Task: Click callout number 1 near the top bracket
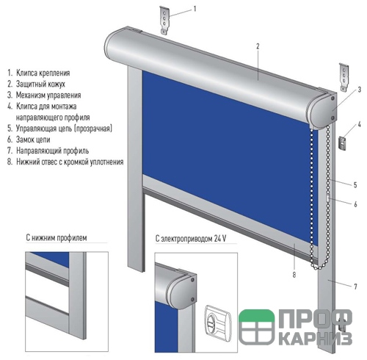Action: pyautogui.click(x=195, y=9)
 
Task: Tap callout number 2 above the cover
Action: pyautogui.click(x=258, y=46)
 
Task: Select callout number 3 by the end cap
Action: pyautogui.click(x=359, y=90)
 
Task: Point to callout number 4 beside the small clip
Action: pyautogui.click(x=359, y=124)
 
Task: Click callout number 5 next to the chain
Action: pyautogui.click(x=355, y=185)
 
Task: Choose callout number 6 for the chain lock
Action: pyautogui.click(x=355, y=204)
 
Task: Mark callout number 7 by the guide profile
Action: pyautogui.click(x=355, y=287)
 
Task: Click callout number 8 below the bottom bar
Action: pyautogui.click(x=294, y=275)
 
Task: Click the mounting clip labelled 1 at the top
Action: pyautogui.click(x=164, y=20)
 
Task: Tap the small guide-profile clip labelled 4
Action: pyautogui.click(x=342, y=143)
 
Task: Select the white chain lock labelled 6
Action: pyautogui.click(x=328, y=198)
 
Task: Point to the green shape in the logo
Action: pyautogui.click(x=256, y=315)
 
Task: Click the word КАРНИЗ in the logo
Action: pyautogui.click(x=315, y=339)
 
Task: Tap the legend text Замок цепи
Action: pyautogui.click(x=33, y=140)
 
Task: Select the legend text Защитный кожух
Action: pyautogui.click(x=40, y=84)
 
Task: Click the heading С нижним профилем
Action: pyautogui.click(x=57, y=237)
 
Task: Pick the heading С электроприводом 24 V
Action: pyautogui.click(x=191, y=239)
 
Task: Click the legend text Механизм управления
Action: pyautogui.click(x=48, y=95)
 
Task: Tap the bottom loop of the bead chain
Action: pyautogui.click(x=317, y=267)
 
